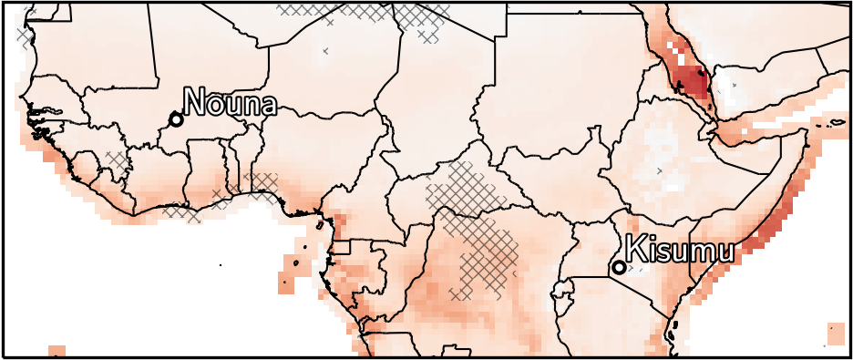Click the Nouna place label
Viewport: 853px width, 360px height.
click(230, 102)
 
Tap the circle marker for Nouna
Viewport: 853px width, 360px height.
click(176, 119)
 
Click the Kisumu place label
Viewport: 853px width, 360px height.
click(678, 249)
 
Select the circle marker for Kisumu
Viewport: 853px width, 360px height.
click(619, 267)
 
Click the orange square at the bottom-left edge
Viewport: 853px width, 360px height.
click(56, 352)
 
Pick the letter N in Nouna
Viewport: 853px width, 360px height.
click(195, 102)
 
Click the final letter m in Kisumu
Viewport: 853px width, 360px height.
click(718, 251)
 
